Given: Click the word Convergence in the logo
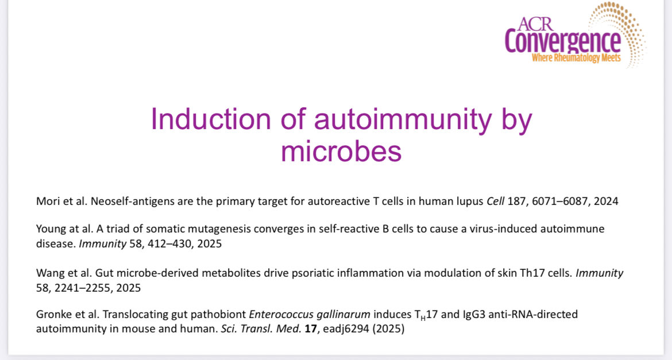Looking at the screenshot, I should (x=562, y=42).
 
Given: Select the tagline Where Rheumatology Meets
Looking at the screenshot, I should (x=576, y=58).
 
